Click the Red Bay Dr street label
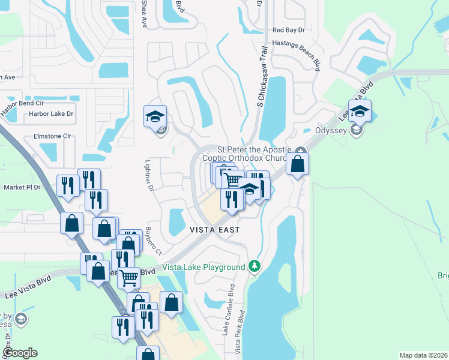coord(289,30)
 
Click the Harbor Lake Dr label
coord(53,113)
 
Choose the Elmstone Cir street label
coord(52,136)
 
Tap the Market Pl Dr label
coord(22,187)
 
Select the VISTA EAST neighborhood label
coord(215,230)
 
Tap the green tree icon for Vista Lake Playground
coord(255,266)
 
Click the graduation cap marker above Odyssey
coord(360,112)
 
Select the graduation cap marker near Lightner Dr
coord(155,116)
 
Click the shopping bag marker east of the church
coord(297,164)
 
